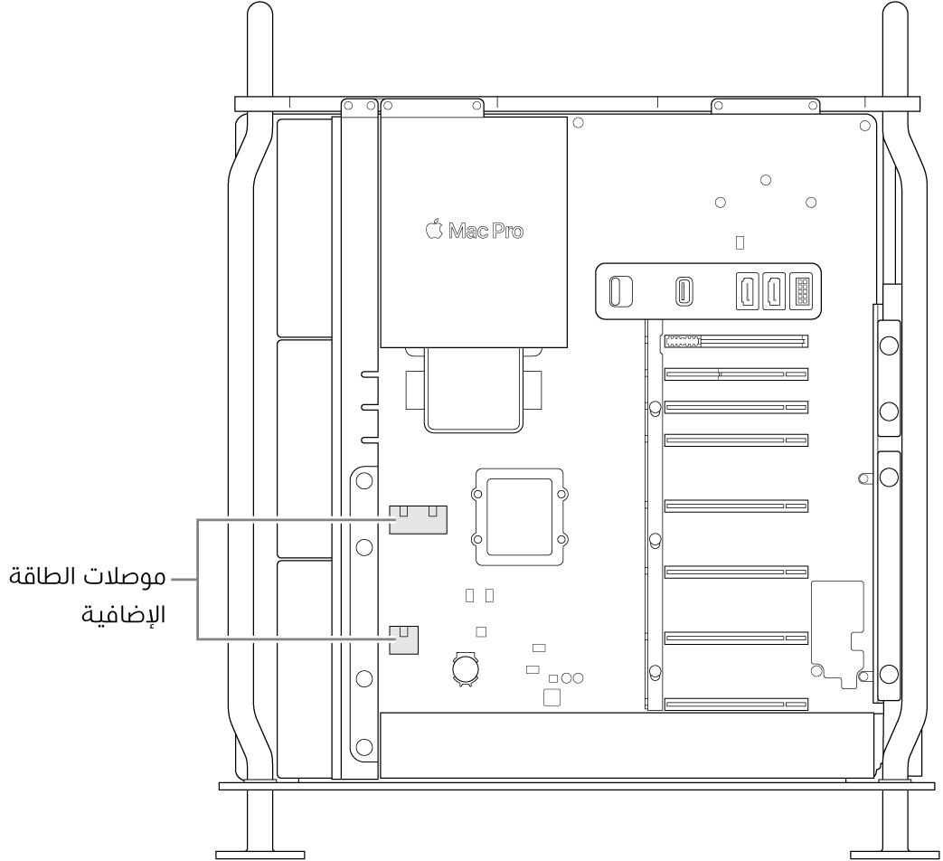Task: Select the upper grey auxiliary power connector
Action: click(x=419, y=519)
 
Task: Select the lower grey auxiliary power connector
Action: click(x=404, y=639)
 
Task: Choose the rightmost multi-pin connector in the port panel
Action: click(x=801, y=292)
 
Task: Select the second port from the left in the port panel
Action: click(x=684, y=292)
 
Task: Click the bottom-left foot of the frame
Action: click(x=259, y=852)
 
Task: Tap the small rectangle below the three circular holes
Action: click(x=740, y=242)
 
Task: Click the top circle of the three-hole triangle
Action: click(x=765, y=180)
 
